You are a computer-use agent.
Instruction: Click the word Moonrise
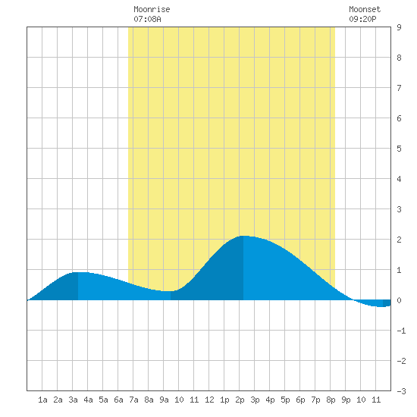pos(152,9)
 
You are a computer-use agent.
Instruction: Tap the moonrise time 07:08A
pos(147,19)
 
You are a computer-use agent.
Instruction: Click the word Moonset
pos(365,9)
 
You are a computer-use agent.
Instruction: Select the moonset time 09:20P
pos(362,19)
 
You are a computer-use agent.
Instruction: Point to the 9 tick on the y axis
pos(399,27)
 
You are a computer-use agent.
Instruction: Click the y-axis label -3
pos(401,391)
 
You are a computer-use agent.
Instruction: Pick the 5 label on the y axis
pos(399,149)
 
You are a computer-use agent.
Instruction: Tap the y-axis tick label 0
pos(399,300)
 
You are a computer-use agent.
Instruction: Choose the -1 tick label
pos(401,331)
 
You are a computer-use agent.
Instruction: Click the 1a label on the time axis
pos(42,400)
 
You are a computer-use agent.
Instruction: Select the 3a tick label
pos(73,400)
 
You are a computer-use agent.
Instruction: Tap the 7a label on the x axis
pos(133,400)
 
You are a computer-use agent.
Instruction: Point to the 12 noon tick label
pos(209,400)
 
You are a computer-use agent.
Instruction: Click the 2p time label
pos(240,400)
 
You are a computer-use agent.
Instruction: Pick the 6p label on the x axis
pos(300,400)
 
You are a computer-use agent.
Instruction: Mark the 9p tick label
pos(346,400)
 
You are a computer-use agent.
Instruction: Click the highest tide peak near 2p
pos(243,236)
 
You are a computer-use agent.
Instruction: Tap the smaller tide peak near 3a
pos(78,273)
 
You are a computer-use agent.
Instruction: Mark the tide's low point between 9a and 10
pos(171,291)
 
